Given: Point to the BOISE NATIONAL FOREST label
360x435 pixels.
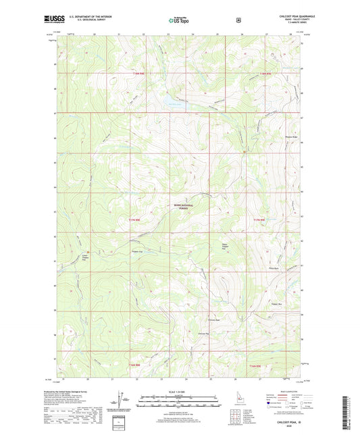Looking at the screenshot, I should click(x=180, y=209).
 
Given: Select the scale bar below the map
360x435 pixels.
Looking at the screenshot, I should click(x=180, y=404).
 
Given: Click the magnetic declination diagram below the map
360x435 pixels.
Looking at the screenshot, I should click(x=122, y=399).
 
